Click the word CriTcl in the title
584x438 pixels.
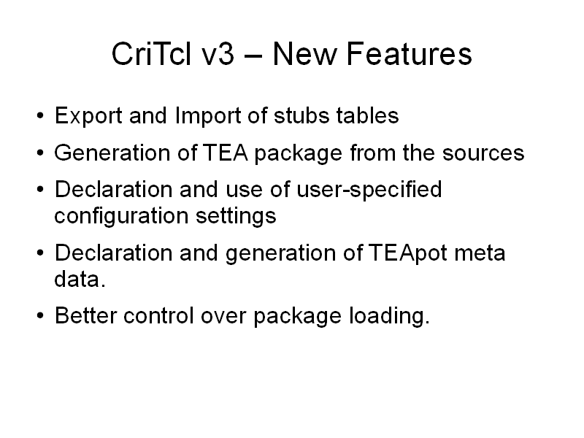click(152, 54)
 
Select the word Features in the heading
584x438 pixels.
click(410, 54)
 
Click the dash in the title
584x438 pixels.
click(253, 55)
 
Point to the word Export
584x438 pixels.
click(88, 116)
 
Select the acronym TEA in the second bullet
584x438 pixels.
click(225, 153)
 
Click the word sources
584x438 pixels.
click(483, 153)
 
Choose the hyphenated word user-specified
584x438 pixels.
click(369, 190)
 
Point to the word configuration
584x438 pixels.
click(121, 216)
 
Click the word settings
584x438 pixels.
click(236, 216)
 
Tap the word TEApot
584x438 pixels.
click(408, 253)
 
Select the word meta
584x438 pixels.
click(480, 253)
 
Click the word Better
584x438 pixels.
click(85, 315)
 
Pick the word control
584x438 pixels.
click(158, 315)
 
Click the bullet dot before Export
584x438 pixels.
click(40, 116)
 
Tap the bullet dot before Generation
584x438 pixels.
click(40, 153)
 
